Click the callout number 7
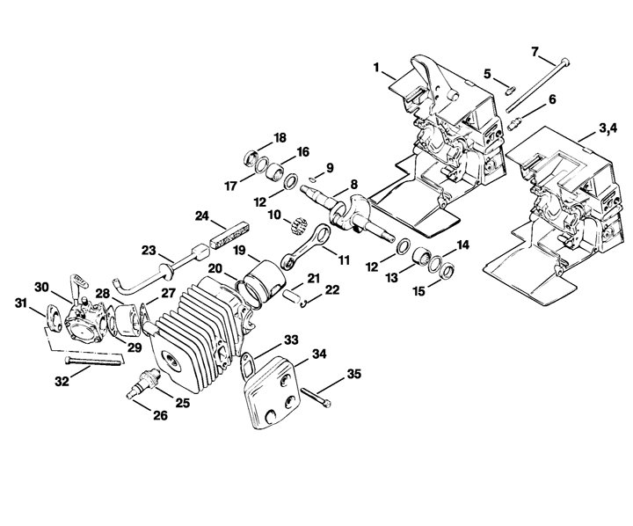tap(535, 52)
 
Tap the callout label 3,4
tap(608, 128)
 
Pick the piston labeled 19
tap(265, 285)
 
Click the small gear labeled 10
tap(299, 225)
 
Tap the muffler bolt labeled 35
tap(316, 396)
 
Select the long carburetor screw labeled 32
tap(93, 361)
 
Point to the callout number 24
tap(202, 216)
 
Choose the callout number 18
tap(280, 138)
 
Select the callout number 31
tap(21, 303)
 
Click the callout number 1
tap(376, 67)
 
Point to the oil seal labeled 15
tap(447, 271)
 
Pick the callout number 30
tap(41, 288)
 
